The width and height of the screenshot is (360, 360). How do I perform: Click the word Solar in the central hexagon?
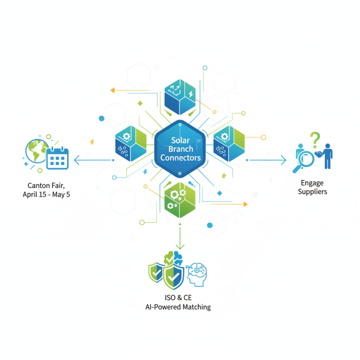(180, 140)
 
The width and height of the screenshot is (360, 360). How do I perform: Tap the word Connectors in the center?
(180, 158)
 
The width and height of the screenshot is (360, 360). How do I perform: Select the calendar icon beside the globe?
(57, 158)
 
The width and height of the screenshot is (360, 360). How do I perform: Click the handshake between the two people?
(318, 154)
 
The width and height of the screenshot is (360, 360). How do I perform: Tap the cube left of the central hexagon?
(130, 144)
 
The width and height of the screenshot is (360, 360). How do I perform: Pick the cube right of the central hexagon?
(229, 144)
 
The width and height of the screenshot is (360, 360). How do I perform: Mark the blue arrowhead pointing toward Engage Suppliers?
(283, 159)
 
